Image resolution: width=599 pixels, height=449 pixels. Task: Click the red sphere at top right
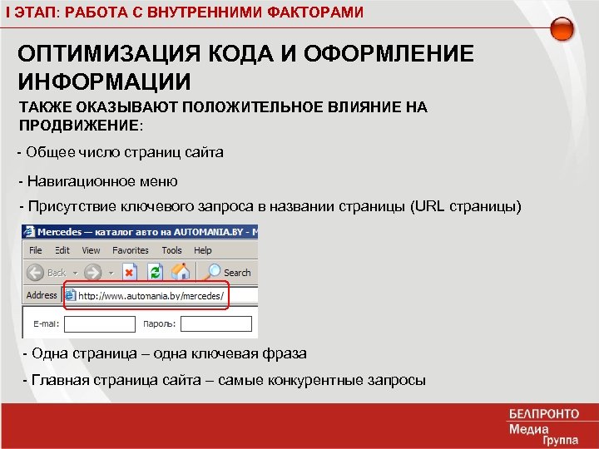pos(562,30)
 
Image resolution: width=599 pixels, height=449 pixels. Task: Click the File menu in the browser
pos(36,250)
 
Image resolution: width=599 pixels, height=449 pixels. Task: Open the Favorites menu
pos(131,250)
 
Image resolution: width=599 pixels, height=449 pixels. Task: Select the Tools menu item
pos(172,250)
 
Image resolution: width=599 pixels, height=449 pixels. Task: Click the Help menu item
pos(203,250)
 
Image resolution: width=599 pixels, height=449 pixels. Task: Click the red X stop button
pos(129,272)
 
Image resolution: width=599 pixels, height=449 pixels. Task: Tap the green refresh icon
pos(154,272)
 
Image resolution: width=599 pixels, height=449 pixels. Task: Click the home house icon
pos(179,272)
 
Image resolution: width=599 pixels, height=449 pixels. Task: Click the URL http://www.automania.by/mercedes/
pos(149,295)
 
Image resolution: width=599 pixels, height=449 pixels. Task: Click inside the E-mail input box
pos(100,323)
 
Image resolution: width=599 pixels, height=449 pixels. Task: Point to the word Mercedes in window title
pos(61,230)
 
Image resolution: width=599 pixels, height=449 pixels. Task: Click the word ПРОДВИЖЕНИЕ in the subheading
pos(78,125)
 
